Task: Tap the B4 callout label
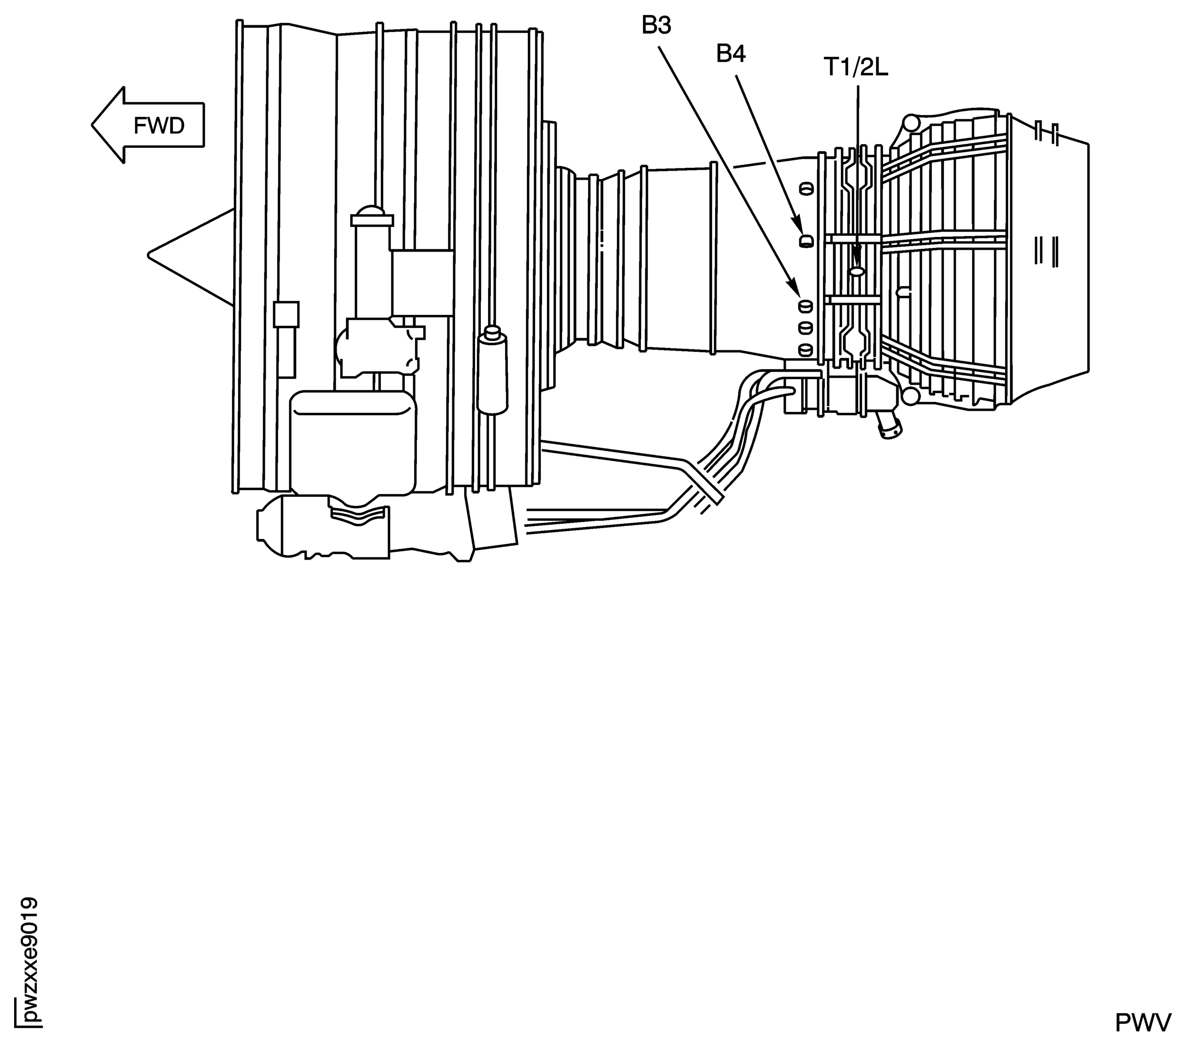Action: pyautogui.click(x=731, y=54)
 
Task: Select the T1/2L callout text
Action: pyautogui.click(x=856, y=68)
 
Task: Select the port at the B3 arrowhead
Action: pyautogui.click(x=805, y=305)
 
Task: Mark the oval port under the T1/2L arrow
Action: pyautogui.click(x=857, y=271)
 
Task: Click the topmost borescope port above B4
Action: pyautogui.click(x=806, y=188)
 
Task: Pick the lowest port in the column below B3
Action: pyautogui.click(x=805, y=349)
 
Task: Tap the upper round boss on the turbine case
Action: pyautogui.click(x=910, y=124)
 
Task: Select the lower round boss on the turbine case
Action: pyautogui.click(x=910, y=397)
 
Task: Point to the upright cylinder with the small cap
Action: pyautogui.click(x=492, y=372)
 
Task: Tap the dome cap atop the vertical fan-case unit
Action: pyautogui.click(x=372, y=213)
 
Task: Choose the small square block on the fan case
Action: pyautogui.click(x=286, y=315)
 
